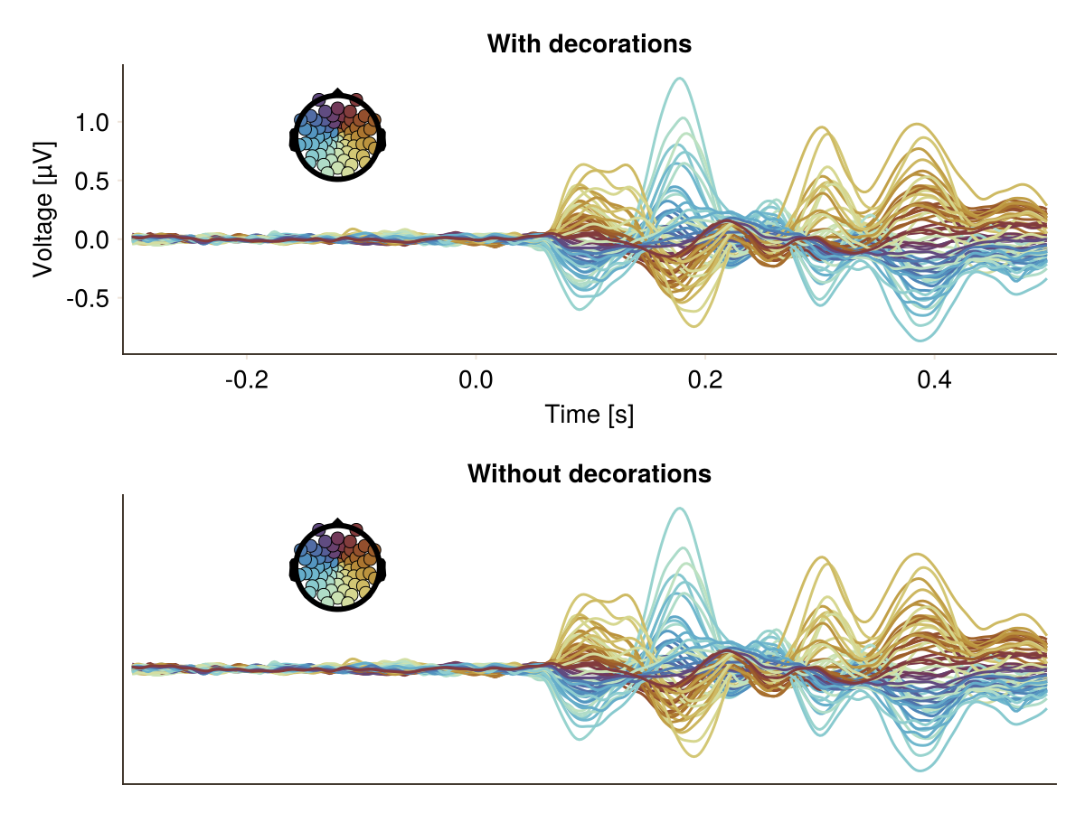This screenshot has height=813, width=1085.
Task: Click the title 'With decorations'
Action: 590,44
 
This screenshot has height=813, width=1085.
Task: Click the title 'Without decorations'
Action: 590,474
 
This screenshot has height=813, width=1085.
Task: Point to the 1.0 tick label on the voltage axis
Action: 92,123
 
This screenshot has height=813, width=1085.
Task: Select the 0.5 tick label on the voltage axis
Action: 92,182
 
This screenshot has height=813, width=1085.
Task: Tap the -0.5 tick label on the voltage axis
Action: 88,299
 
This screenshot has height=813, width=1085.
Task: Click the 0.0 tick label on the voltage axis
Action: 92,240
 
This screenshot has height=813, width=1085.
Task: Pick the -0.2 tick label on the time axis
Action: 247,380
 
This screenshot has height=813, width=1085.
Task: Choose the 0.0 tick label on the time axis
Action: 476,380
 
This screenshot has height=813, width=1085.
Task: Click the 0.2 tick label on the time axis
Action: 705,380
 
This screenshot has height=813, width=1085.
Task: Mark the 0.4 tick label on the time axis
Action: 934,380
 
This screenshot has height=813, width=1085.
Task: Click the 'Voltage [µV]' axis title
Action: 43,210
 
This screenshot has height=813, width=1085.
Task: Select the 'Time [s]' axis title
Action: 590,415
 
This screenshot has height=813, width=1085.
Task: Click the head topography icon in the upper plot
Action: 337,135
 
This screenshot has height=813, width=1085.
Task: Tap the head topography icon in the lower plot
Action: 337,565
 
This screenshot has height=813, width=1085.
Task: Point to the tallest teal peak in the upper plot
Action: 680,79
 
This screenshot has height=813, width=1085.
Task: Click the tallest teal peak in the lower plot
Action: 680,509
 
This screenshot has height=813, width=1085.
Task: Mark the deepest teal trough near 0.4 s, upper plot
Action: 920,341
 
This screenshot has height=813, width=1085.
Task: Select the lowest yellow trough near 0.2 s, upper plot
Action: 693,326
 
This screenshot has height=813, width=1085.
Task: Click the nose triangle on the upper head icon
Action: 337,92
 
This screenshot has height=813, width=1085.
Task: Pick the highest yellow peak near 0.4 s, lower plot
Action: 918,555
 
